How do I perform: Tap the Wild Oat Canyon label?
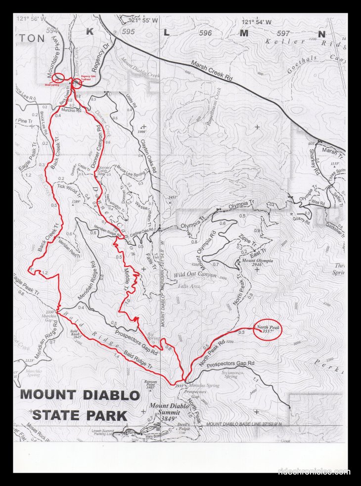click(195, 275)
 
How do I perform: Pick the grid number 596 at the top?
click(204, 33)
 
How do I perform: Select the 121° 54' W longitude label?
click(257, 22)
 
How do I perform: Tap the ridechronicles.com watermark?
click(314, 472)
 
